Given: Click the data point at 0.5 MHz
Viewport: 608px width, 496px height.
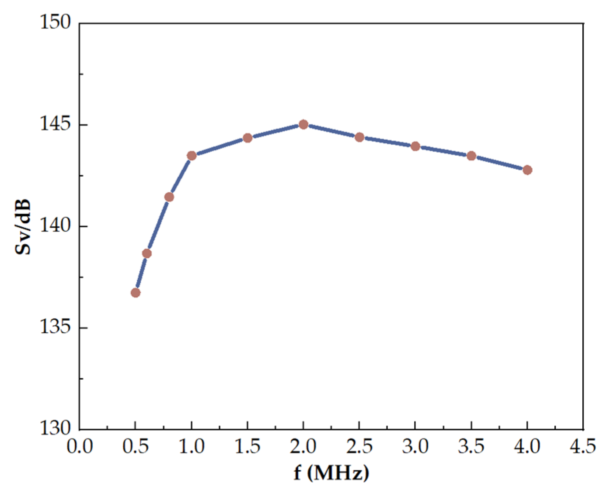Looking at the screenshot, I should tap(135, 293).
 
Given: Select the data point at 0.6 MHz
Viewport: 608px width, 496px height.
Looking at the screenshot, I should tap(147, 253).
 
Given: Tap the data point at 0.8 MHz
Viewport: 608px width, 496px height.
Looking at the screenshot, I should tap(169, 197).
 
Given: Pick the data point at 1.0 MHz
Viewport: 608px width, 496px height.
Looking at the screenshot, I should tap(191, 156).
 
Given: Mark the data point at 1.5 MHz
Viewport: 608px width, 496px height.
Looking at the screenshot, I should tap(248, 138).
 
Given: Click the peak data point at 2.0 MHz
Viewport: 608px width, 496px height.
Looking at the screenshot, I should tap(303, 124).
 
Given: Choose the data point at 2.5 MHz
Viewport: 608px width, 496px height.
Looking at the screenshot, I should tap(359, 137).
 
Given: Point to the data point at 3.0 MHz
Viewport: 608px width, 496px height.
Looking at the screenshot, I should tap(415, 146).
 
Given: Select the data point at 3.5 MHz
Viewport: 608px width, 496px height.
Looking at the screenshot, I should tap(471, 156).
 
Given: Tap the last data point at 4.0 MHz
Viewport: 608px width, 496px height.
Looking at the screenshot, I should tap(527, 170).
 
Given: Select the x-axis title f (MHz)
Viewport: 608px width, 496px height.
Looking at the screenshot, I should tap(331, 474).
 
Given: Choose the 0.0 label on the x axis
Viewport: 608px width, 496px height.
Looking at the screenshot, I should tap(80, 447).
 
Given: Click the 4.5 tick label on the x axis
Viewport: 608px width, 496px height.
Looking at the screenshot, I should tap(582, 447).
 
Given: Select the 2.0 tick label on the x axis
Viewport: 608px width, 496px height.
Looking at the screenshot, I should tap(303, 447).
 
